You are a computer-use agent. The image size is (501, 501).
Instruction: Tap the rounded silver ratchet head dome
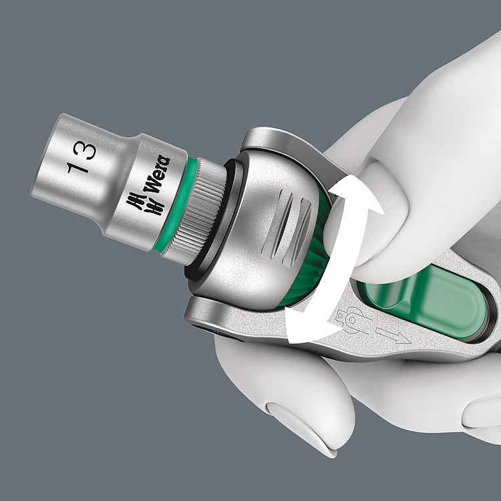pos(261,227)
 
